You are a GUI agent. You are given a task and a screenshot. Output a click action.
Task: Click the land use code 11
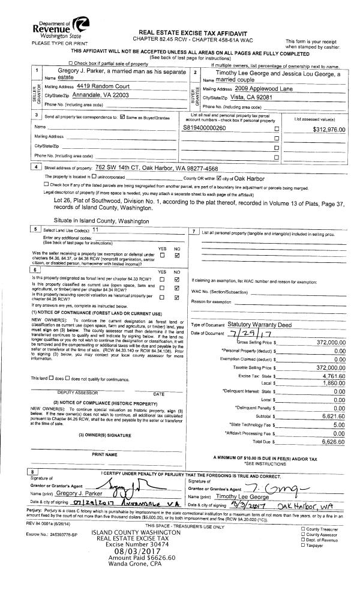point(95,229)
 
